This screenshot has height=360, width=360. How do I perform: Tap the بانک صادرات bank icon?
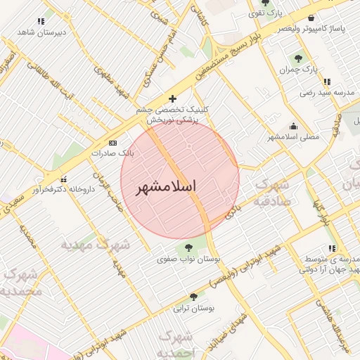click(x=112, y=143)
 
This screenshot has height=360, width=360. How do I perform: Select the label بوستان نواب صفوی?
click(x=189, y=259)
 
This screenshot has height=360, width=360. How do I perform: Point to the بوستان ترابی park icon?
click(x=193, y=297)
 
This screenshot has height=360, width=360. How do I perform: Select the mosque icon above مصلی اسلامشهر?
click(x=293, y=126)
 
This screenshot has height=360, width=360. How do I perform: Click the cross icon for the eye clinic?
click(x=172, y=98)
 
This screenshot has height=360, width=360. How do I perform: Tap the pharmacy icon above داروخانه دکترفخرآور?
click(x=64, y=179)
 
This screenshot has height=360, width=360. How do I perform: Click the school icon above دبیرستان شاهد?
click(x=41, y=21)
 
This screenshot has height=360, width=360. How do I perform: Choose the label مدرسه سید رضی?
click(x=323, y=92)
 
